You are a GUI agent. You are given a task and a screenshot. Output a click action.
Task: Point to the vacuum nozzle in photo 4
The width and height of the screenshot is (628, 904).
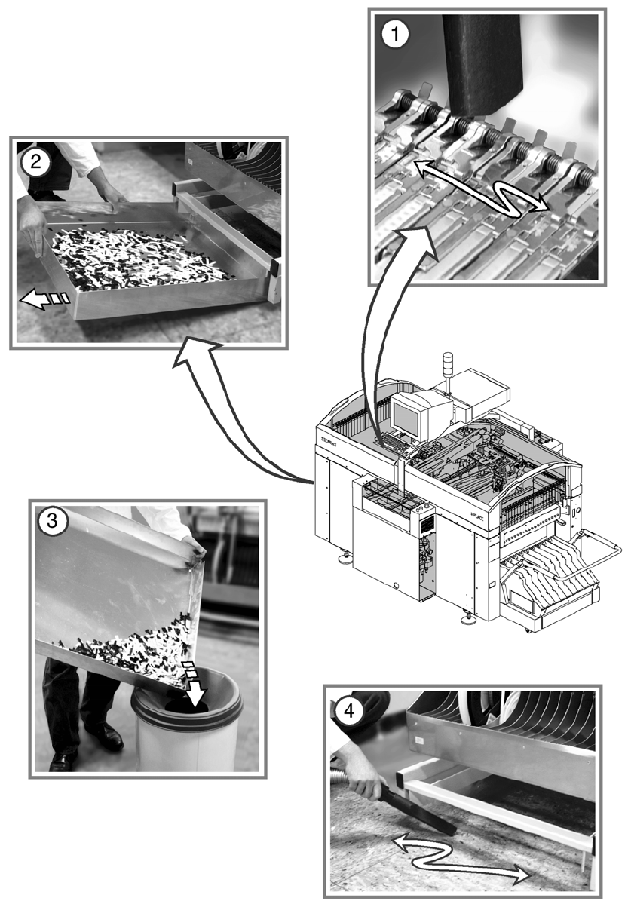(x=422, y=806)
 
